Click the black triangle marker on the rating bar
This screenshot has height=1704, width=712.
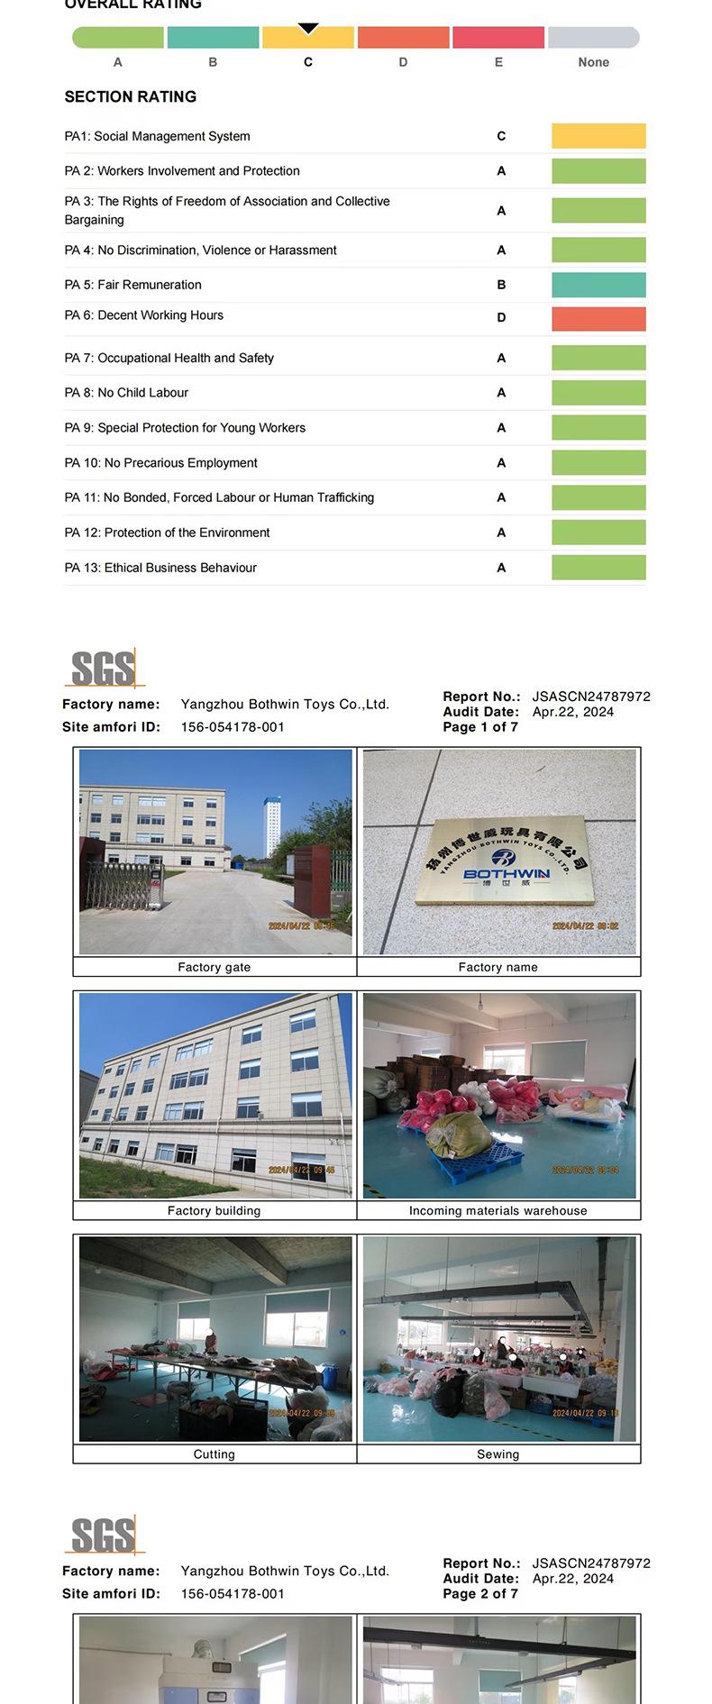[308, 29]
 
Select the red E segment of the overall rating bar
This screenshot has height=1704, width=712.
[498, 38]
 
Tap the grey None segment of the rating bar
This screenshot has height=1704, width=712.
[593, 38]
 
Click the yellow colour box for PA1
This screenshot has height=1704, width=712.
[598, 136]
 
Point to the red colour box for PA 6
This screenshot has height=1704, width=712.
[598, 319]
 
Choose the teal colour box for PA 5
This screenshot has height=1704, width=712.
[598, 285]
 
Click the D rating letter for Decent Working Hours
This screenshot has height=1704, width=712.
[501, 318]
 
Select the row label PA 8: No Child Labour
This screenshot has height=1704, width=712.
[126, 393]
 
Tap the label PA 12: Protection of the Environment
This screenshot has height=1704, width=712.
[167, 533]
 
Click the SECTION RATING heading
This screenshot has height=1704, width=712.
[130, 96]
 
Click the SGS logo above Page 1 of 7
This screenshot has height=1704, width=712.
[104, 669]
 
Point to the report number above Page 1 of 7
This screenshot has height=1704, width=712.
[591, 697]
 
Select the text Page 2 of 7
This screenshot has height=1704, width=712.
[480, 1594]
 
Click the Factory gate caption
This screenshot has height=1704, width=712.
[215, 968]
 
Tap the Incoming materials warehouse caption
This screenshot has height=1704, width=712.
[497, 1211]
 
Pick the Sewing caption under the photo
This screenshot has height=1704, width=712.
[497, 1454]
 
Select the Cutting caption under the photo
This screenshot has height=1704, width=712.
[215, 1454]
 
